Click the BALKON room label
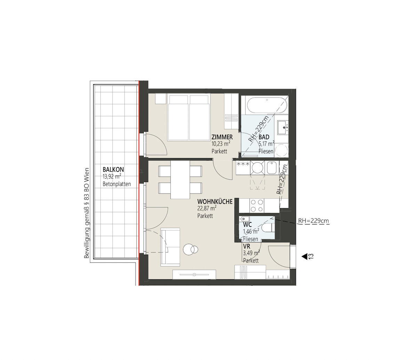(113, 170)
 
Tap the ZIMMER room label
(222, 137)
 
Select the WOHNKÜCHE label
(214, 202)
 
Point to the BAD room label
(264, 137)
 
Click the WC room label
(247, 225)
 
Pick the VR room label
(246, 246)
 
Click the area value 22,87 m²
(207, 209)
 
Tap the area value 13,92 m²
(112, 177)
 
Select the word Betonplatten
(117, 184)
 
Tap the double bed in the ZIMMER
(189, 117)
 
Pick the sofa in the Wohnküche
(170, 247)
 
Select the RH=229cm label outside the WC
(313, 221)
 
